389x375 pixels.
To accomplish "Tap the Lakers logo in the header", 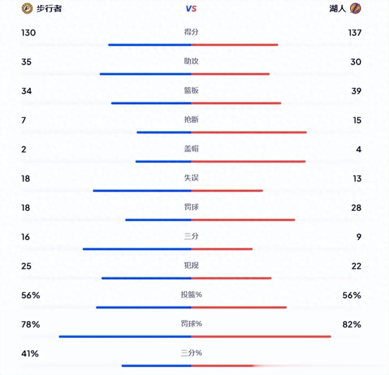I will pos(355,8).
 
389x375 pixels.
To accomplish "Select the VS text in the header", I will pos(191,9).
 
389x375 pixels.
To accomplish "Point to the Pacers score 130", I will pos(29,33).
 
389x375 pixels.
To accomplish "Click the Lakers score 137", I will pos(354,33).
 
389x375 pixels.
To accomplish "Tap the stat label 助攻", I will pos(191,61).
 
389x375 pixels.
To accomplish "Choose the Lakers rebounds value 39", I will pos(356,91).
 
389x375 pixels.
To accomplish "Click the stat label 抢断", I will pos(191,119).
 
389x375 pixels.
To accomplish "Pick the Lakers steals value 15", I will pos(357,120).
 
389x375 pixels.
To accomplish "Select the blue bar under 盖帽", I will pos(163,161).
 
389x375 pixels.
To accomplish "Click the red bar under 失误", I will pos(227,190).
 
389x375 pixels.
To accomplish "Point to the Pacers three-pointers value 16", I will pos(26,237).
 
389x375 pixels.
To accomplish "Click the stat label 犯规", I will pos(191,265).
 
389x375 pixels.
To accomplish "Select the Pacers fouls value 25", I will pos(26,266).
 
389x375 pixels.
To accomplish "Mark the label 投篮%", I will pos(191,294).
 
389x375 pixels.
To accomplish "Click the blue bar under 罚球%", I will pos(125,336).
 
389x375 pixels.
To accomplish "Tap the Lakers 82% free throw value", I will pos(351,325).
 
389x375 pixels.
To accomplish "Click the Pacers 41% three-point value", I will pos(30,354).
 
